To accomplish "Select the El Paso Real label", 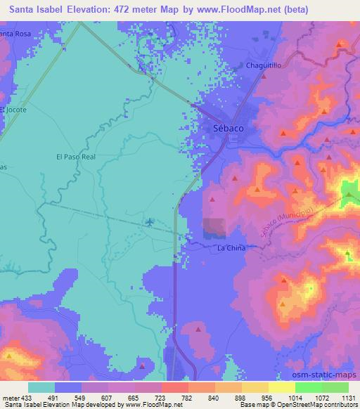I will tap(75, 157).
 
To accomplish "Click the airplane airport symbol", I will tap(148, 223).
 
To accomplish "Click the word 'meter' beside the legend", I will tap(11, 396).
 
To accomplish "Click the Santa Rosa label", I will tap(15, 34).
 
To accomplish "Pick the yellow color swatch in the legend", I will tap(281, 387).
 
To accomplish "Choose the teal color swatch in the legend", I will tap(41, 387).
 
